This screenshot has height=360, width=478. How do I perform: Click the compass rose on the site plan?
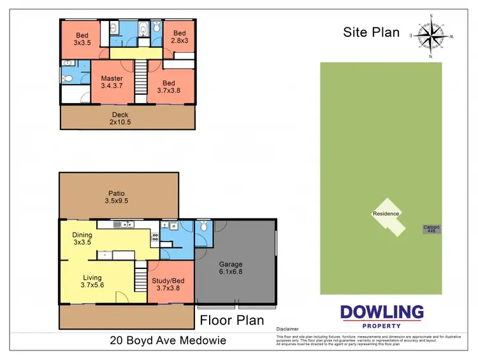click(x=431, y=36)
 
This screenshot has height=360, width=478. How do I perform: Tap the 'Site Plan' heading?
click(x=372, y=32)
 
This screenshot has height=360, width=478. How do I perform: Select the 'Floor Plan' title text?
click(x=231, y=319)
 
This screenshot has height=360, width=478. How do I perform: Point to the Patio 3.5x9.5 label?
click(x=116, y=197)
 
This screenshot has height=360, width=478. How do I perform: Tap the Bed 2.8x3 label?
click(x=180, y=38)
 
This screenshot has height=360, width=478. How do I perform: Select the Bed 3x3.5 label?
click(x=83, y=39)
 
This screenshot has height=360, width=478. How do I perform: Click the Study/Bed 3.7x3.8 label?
click(x=168, y=283)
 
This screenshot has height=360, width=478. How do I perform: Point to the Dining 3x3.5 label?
click(x=83, y=239)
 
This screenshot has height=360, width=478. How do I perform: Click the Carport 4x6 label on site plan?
click(x=431, y=229)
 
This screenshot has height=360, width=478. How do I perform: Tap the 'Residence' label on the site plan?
click(x=386, y=214)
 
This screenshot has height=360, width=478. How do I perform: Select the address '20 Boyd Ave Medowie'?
click(x=167, y=341)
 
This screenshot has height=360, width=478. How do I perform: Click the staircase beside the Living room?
click(x=141, y=278)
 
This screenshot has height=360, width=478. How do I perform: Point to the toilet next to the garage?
click(x=203, y=226)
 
